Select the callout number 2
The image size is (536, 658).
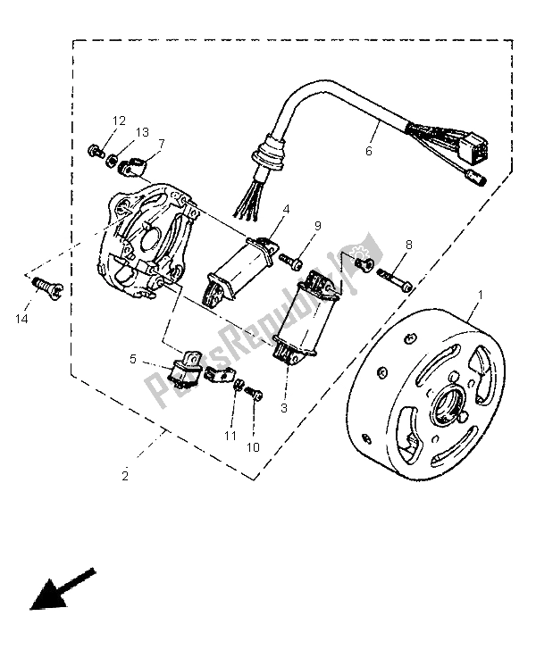pyautogui.click(x=125, y=476)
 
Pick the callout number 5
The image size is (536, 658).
pyautogui.click(x=132, y=360)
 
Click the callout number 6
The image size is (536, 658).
pyautogui.click(x=368, y=151)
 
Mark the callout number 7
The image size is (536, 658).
pyautogui.click(x=162, y=143)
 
